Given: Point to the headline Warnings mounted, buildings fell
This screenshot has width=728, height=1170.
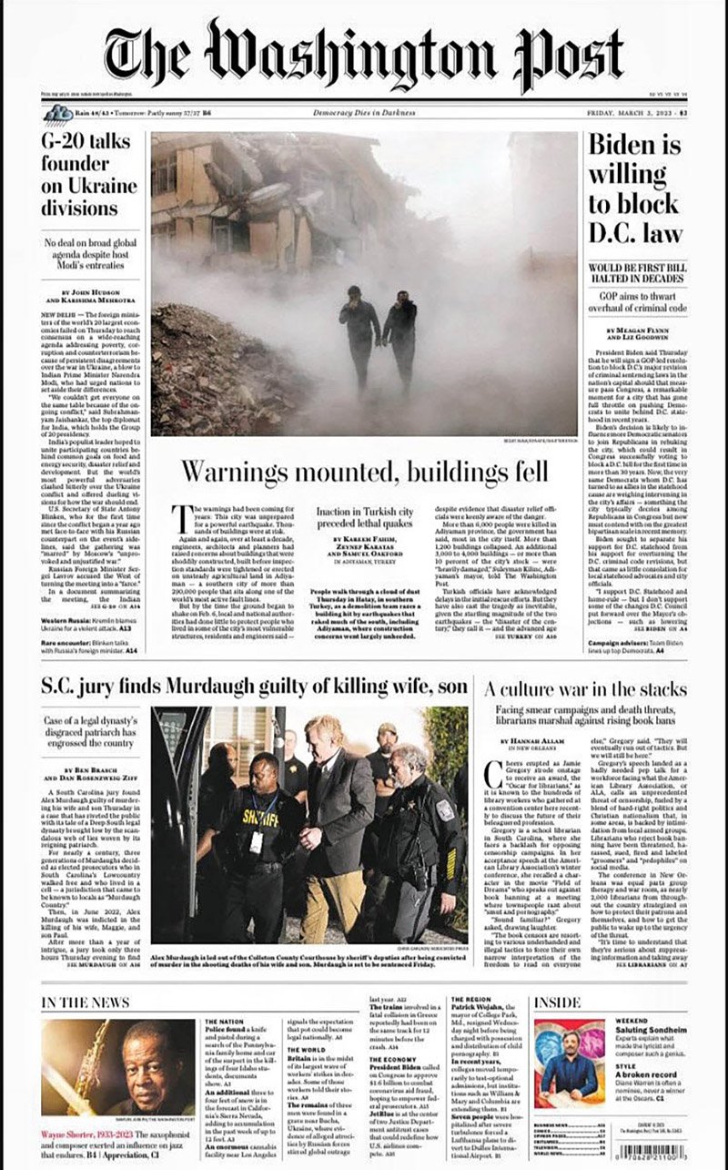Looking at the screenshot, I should click(x=364, y=472).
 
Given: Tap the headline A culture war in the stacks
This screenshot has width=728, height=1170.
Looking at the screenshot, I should click(x=584, y=688).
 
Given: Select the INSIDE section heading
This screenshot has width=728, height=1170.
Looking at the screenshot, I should click(x=557, y=1002).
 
